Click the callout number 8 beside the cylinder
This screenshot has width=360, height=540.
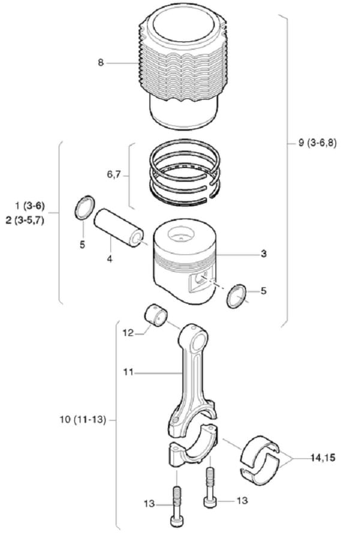101,62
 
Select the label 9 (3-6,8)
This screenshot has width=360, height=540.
317,143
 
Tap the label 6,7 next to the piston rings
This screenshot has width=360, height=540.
113,175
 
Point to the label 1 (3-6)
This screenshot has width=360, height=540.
29,206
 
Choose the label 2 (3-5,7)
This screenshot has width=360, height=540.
25,220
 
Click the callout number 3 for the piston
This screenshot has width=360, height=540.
263,254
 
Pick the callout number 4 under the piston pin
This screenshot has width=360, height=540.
110,259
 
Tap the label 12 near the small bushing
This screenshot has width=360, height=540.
128,333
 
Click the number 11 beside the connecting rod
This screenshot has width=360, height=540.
128,372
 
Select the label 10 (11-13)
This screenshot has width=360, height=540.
83,420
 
